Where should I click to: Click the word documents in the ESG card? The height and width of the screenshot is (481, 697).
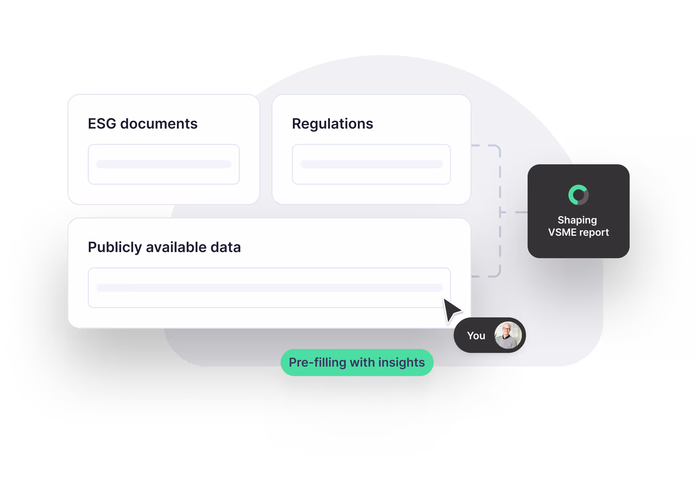(159, 124)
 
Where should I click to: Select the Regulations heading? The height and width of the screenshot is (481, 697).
(332, 124)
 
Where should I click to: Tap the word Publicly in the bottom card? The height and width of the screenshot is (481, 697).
(115, 247)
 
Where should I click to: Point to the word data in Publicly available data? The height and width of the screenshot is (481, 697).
(226, 247)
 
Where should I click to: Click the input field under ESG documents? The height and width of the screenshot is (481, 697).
(164, 164)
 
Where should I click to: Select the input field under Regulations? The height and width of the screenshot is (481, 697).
(371, 164)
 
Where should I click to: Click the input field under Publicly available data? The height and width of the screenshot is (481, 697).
(269, 288)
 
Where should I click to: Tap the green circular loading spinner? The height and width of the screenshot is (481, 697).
(578, 195)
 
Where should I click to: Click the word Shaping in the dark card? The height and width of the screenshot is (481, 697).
(577, 220)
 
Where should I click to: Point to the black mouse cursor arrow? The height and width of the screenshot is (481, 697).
(451, 310)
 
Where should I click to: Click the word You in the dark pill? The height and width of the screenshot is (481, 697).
(476, 336)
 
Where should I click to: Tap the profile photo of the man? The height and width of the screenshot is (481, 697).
(508, 335)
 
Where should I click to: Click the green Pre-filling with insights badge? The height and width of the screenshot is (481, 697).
(357, 363)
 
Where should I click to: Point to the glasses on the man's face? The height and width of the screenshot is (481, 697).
(507, 329)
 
